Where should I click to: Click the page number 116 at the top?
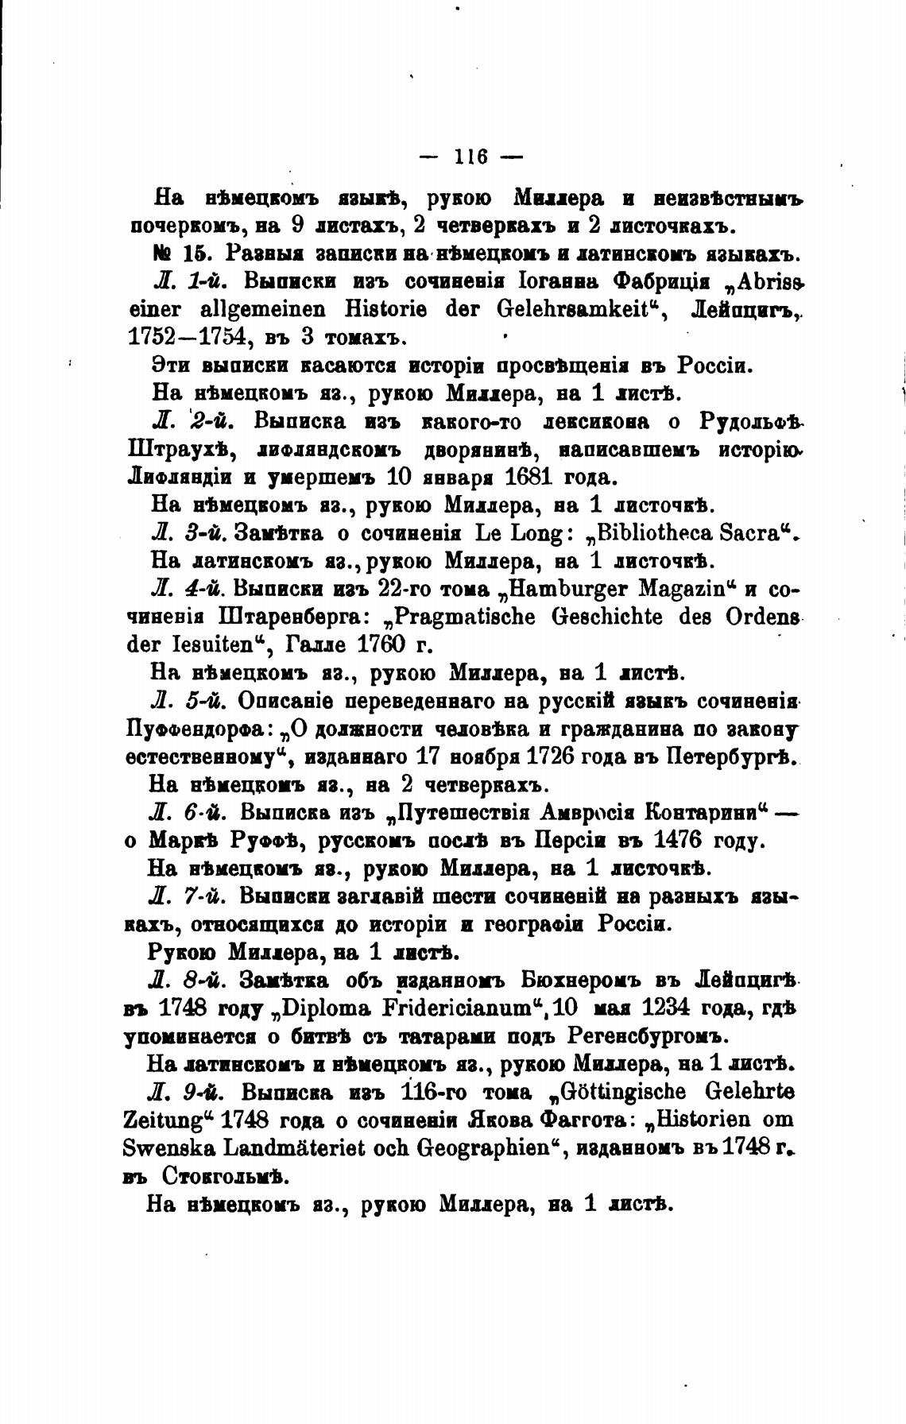point(470,157)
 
